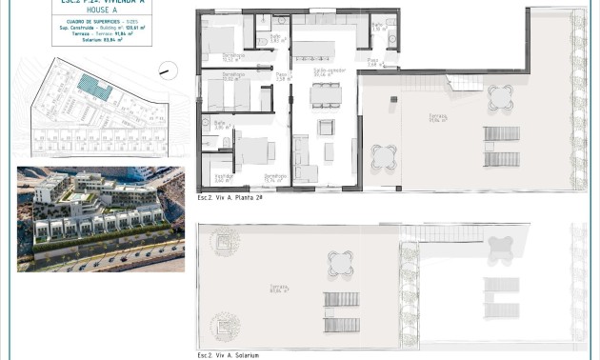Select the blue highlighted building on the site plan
point(95,89)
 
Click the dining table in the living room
point(326,95)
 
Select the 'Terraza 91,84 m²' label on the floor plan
point(438,118)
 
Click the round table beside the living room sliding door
point(384,155)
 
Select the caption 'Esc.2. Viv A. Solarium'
point(229,354)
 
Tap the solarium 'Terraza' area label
point(279,290)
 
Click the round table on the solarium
point(341,261)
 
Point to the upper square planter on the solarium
point(226,242)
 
